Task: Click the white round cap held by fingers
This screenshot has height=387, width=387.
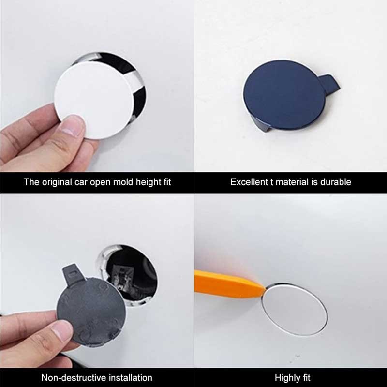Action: coord(94,100)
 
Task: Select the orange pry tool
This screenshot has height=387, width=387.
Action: coord(229,284)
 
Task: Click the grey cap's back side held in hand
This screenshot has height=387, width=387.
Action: coord(91,311)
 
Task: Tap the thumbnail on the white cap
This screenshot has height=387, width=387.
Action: coord(72,125)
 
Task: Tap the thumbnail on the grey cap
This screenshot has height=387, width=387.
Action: coord(62,330)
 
